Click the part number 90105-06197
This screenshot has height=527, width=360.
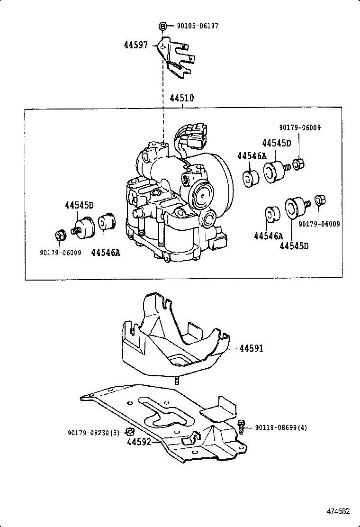[x=198, y=26]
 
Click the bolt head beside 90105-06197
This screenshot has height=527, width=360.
[x=162, y=26]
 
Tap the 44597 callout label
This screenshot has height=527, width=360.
[x=136, y=45]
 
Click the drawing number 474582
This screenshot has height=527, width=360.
[x=337, y=511]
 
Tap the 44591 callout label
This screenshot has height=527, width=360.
[x=251, y=348]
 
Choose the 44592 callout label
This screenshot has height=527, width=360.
[x=139, y=442]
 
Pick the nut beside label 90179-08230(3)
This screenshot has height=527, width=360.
[x=129, y=431]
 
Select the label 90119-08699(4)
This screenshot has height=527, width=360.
[x=281, y=427]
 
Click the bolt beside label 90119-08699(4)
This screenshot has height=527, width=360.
[x=242, y=426]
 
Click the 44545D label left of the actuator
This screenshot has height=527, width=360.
[x=79, y=205]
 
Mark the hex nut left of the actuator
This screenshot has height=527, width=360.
[x=60, y=235]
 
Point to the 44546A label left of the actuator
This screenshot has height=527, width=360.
[x=105, y=253]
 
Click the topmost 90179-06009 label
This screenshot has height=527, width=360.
[x=300, y=127]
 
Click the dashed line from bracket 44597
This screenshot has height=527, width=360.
[x=163, y=95]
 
